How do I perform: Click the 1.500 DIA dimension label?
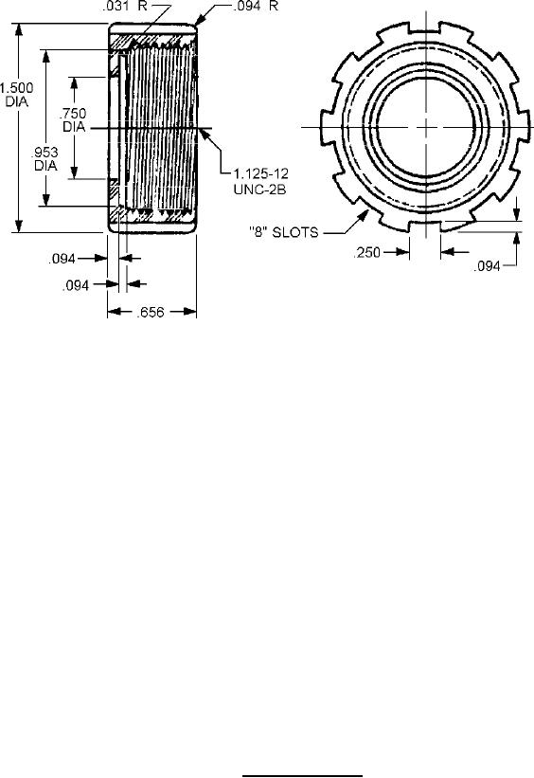[x=16, y=95]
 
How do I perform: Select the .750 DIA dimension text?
[x=74, y=120]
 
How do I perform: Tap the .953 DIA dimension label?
[x=45, y=159]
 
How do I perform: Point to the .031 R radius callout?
[x=128, y=7]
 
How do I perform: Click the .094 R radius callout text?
[x=256, y=7]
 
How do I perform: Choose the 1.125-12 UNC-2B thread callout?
[x=260, y=181]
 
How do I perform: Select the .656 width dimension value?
[x=151, y=312]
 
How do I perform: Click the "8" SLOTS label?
[x=284, y=232]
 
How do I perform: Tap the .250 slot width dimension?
[x=367, y=253]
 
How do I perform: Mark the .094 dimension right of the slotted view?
[x=487, y=266]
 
